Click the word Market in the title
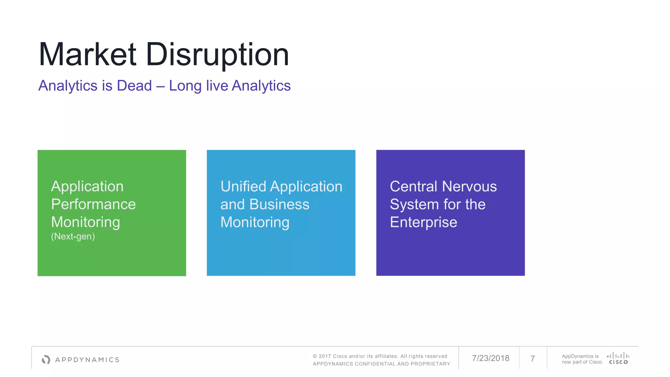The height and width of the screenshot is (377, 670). click(87, 55)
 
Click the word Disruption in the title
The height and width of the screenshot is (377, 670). click(217, 55)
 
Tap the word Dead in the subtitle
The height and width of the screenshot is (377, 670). click(134, 86)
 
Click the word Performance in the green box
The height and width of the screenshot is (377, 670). click(93, 204)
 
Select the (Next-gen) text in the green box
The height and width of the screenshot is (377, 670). click(73, 236)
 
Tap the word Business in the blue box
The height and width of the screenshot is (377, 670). click(279, 204)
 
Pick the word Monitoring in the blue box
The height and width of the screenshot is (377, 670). click(255, 222)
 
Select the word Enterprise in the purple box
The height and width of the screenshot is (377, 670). click(423, 222)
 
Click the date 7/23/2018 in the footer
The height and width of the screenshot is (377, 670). click(490, 358)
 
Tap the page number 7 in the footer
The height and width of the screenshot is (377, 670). click(533, 359)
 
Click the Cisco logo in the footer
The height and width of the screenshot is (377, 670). click(618, 358)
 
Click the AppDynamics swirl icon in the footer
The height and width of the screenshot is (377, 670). click(46, 360)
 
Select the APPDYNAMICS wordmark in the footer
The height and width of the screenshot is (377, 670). click(87, 360)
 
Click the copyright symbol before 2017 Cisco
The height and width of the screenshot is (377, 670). click(315, 356)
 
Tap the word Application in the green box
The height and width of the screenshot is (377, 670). click(87, 187)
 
